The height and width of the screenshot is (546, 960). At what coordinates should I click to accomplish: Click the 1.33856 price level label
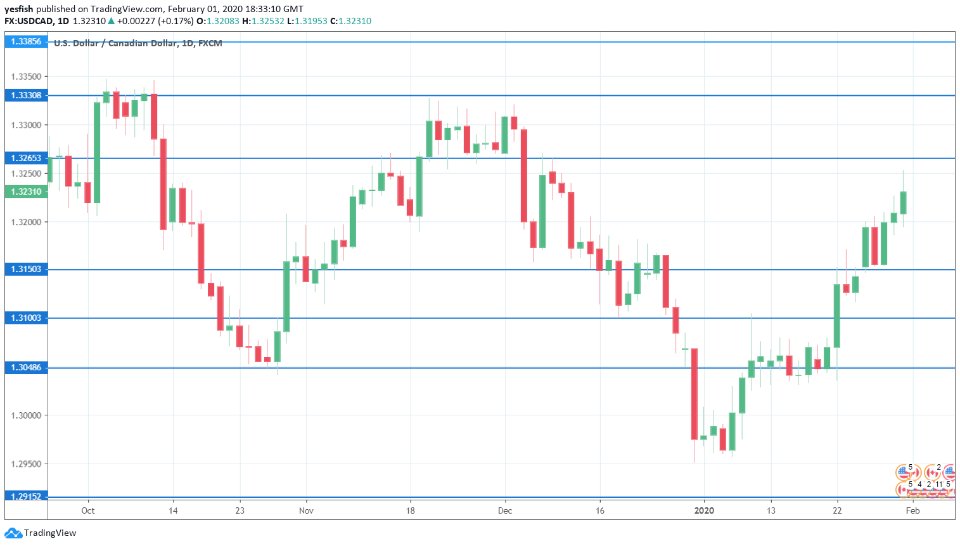[x=26, y=42]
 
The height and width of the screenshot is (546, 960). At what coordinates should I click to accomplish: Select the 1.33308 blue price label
[x=26, y=96]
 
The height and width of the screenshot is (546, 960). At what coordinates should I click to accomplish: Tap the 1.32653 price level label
[x=26, y=159]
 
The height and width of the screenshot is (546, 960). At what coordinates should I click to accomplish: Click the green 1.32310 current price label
[x=26, y=192]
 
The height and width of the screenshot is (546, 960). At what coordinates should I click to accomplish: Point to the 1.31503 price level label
[x=26, y=270]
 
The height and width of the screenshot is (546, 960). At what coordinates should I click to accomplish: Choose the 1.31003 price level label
[x=26, y=318]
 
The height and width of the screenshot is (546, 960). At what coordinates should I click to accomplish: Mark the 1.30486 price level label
[x=26, y=368]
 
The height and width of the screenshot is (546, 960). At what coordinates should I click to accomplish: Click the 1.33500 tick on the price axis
[x=26, y=77]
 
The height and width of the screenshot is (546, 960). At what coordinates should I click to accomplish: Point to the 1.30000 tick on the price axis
[x=26, y=415]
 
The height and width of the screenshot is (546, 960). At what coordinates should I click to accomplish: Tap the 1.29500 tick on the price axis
[x=26, y=464]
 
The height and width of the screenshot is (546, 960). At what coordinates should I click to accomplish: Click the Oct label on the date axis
[x=88, y=510]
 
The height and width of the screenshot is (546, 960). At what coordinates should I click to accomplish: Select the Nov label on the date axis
[x=306, y=510]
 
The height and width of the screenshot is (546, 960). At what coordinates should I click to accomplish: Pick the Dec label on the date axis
[x=505, y=510]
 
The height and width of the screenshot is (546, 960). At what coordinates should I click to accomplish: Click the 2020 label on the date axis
[x=704, y=510]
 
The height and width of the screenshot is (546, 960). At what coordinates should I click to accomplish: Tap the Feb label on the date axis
[x=912, y=510]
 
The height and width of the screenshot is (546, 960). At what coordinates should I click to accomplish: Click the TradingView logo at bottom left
[x=41, y=533]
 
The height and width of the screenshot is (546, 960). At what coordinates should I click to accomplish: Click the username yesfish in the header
[x=19, y=9]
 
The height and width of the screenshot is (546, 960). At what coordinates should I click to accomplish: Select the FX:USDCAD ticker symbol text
[x=29, y=21]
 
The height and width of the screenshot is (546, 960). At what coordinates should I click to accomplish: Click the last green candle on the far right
[x=903, y=203]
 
